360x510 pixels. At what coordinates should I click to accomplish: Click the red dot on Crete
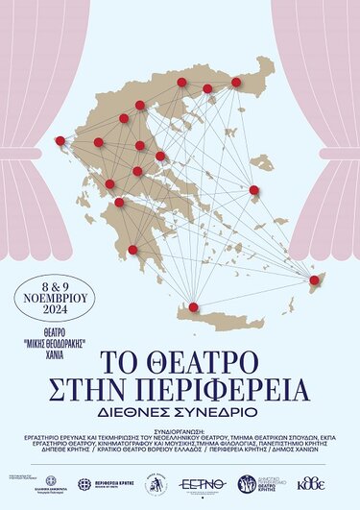click(x=194, y=307)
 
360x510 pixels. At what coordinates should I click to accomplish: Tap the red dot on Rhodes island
click(x=314, y=279)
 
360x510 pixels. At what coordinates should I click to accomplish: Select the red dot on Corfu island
click(x=60, y=140)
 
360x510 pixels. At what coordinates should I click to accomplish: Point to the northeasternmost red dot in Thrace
click(x=234, y=84)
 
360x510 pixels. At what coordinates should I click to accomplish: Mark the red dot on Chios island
click(x=254, y=190)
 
